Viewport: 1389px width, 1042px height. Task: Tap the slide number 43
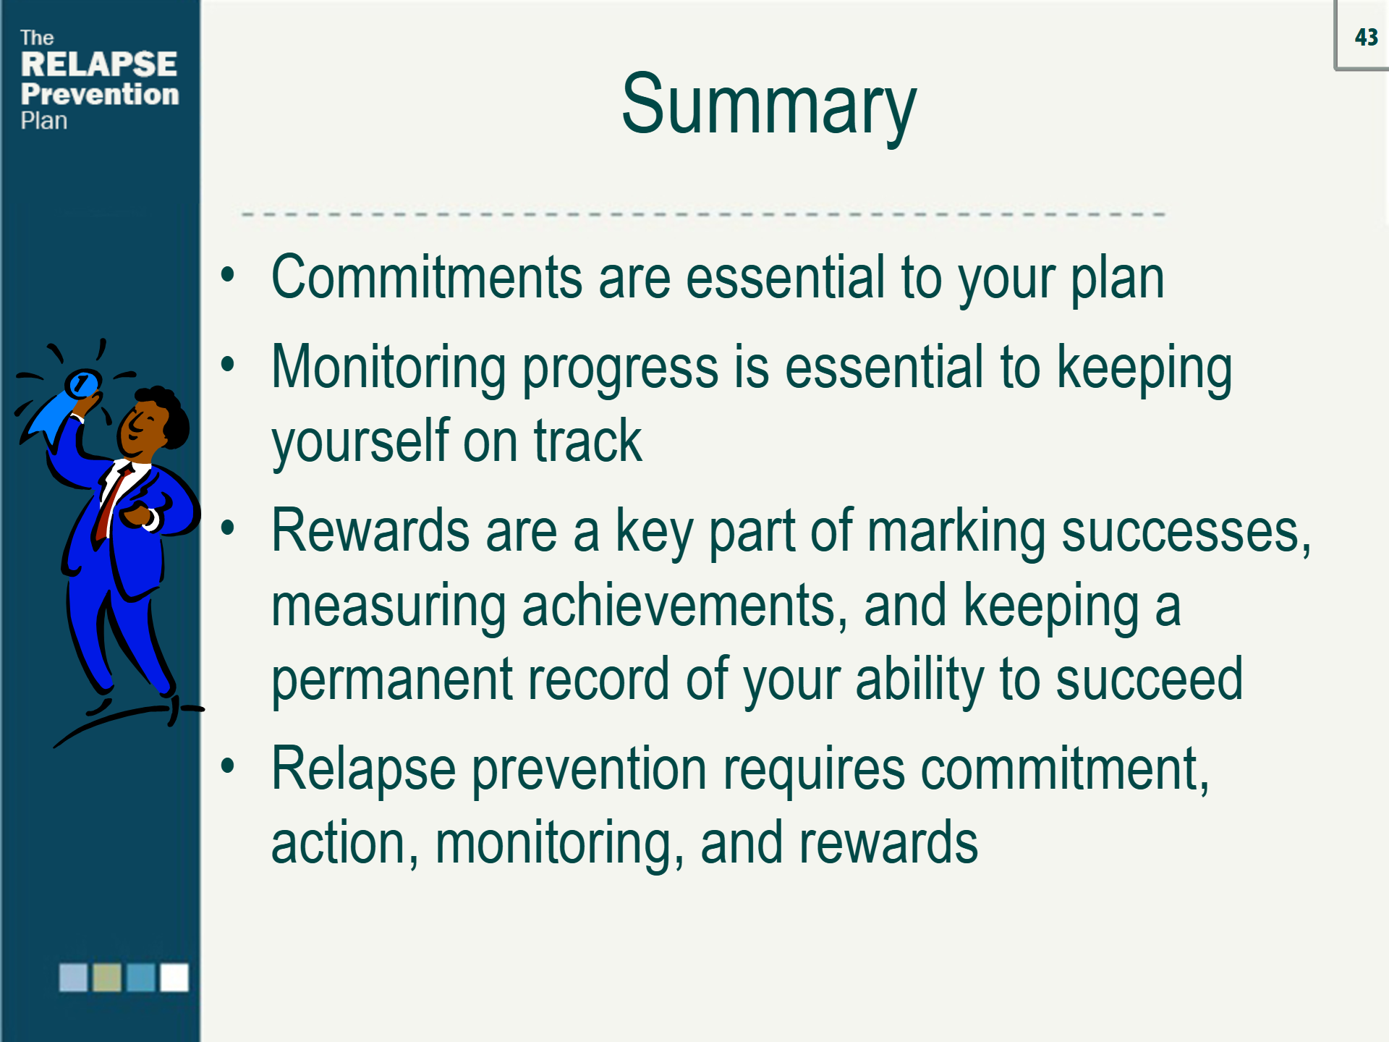click(1367, 37)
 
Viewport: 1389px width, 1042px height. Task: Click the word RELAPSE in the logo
click(99, 64)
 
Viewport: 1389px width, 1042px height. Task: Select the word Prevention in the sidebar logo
click(100, 94)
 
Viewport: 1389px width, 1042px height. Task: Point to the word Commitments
click(427, 277)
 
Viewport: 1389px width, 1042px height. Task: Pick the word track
click(587, 441)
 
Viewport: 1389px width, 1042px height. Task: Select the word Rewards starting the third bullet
click(370, 531)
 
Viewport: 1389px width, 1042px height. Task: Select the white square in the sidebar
click(174, 977)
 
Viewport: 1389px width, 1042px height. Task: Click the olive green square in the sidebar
click(107, 977)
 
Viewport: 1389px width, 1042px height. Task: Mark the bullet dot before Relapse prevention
click(228, 766)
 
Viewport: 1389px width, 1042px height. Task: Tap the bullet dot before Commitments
click(228, 274)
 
